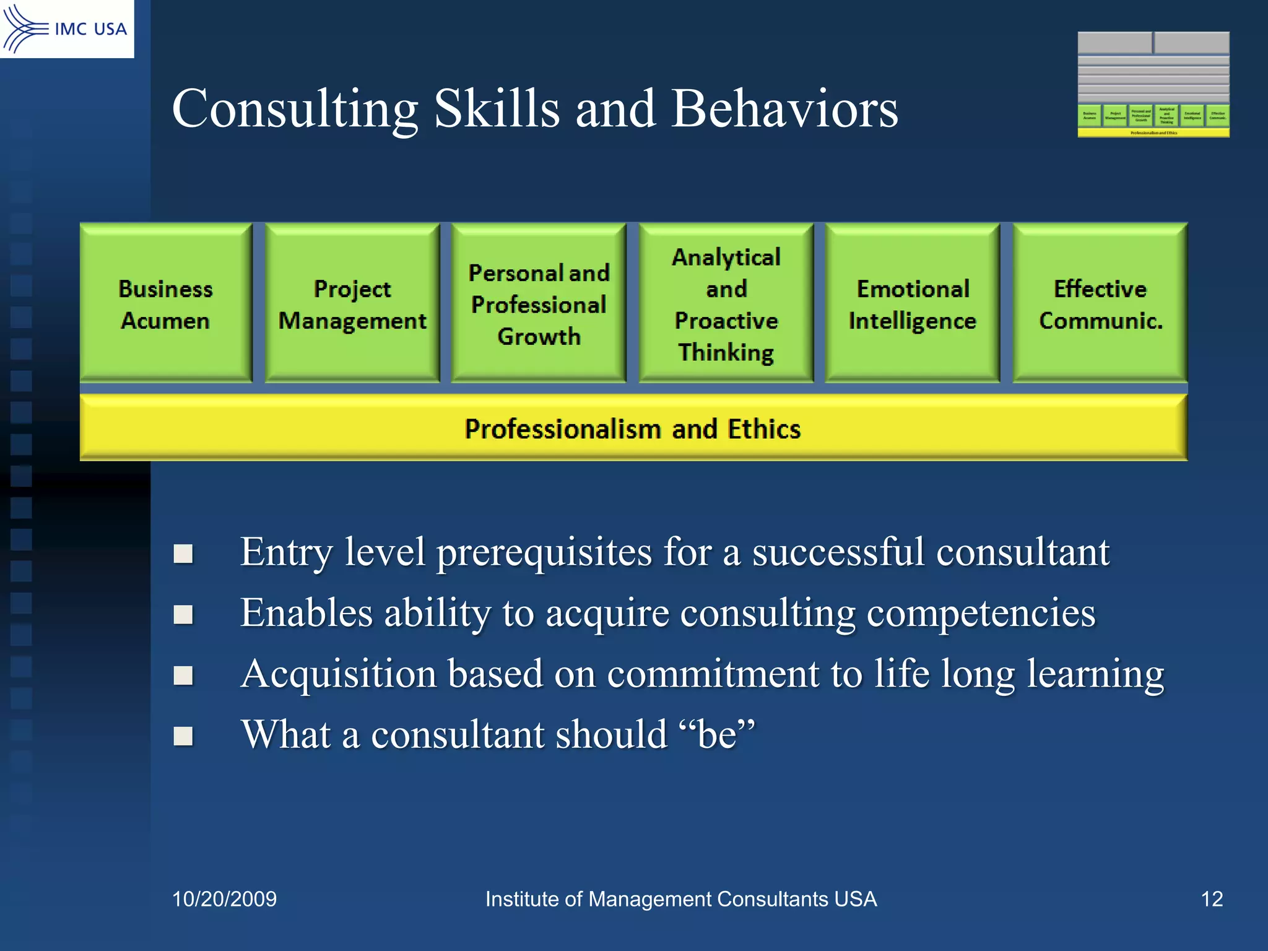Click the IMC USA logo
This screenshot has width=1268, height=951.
click(x=66, y=28)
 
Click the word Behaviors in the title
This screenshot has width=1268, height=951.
click(x=784, y=108)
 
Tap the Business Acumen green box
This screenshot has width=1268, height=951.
click(x=166, y=303)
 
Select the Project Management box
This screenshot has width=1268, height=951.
click(x=352, y=303)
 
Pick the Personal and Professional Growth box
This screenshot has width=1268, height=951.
click(x=539, y=303)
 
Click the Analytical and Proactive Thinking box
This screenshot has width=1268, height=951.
click(x=726, y=303)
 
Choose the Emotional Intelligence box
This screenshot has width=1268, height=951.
click(x=913, y=303)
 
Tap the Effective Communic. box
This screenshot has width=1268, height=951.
click(x=1100, y=303)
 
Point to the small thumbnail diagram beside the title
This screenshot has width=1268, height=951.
click(x=1153, y=84)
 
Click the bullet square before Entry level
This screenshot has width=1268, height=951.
click(x=183, y=554)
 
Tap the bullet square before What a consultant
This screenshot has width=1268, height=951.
click(x=183, y=736)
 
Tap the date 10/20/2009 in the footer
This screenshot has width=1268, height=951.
click(x=224, y=899)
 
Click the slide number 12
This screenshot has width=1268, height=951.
click(x=1212, y=899)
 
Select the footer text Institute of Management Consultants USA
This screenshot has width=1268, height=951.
click(x=680, y=899)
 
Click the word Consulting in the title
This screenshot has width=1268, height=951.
click(x=295, y=108)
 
